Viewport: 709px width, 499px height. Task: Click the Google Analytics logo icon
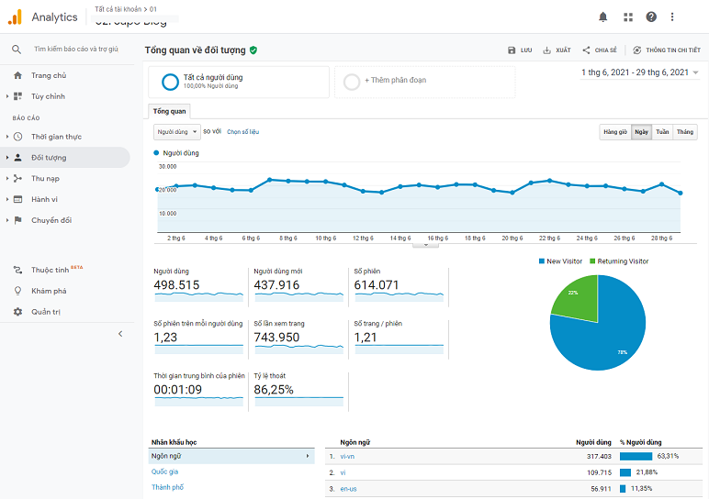click(15, 17)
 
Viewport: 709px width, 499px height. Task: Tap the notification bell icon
click(603, 17)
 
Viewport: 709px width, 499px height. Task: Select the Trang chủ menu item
click(48, 75)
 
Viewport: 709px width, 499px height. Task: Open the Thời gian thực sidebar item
click(56, 137)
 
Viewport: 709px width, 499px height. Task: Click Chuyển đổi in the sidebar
click(51, 220)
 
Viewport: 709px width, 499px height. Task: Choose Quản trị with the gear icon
click(46, 312)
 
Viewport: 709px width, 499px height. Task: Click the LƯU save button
click(520, 50)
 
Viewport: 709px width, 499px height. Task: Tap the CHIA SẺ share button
click(599, 50)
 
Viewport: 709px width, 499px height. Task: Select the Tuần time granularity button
click(662, 132)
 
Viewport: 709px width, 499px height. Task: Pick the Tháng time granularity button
click(685, 132)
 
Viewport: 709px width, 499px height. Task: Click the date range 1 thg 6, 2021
click(634, 72)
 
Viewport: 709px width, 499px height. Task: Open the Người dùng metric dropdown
click(176, 132)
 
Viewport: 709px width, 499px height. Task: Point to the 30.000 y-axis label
click(167, 167)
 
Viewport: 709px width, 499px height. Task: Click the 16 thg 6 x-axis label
click(437, 238)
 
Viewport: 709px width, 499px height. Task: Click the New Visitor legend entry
click(561, 261)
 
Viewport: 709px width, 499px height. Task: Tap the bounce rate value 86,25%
click(274, 390)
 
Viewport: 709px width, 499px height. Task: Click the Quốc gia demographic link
click(165, 471)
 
